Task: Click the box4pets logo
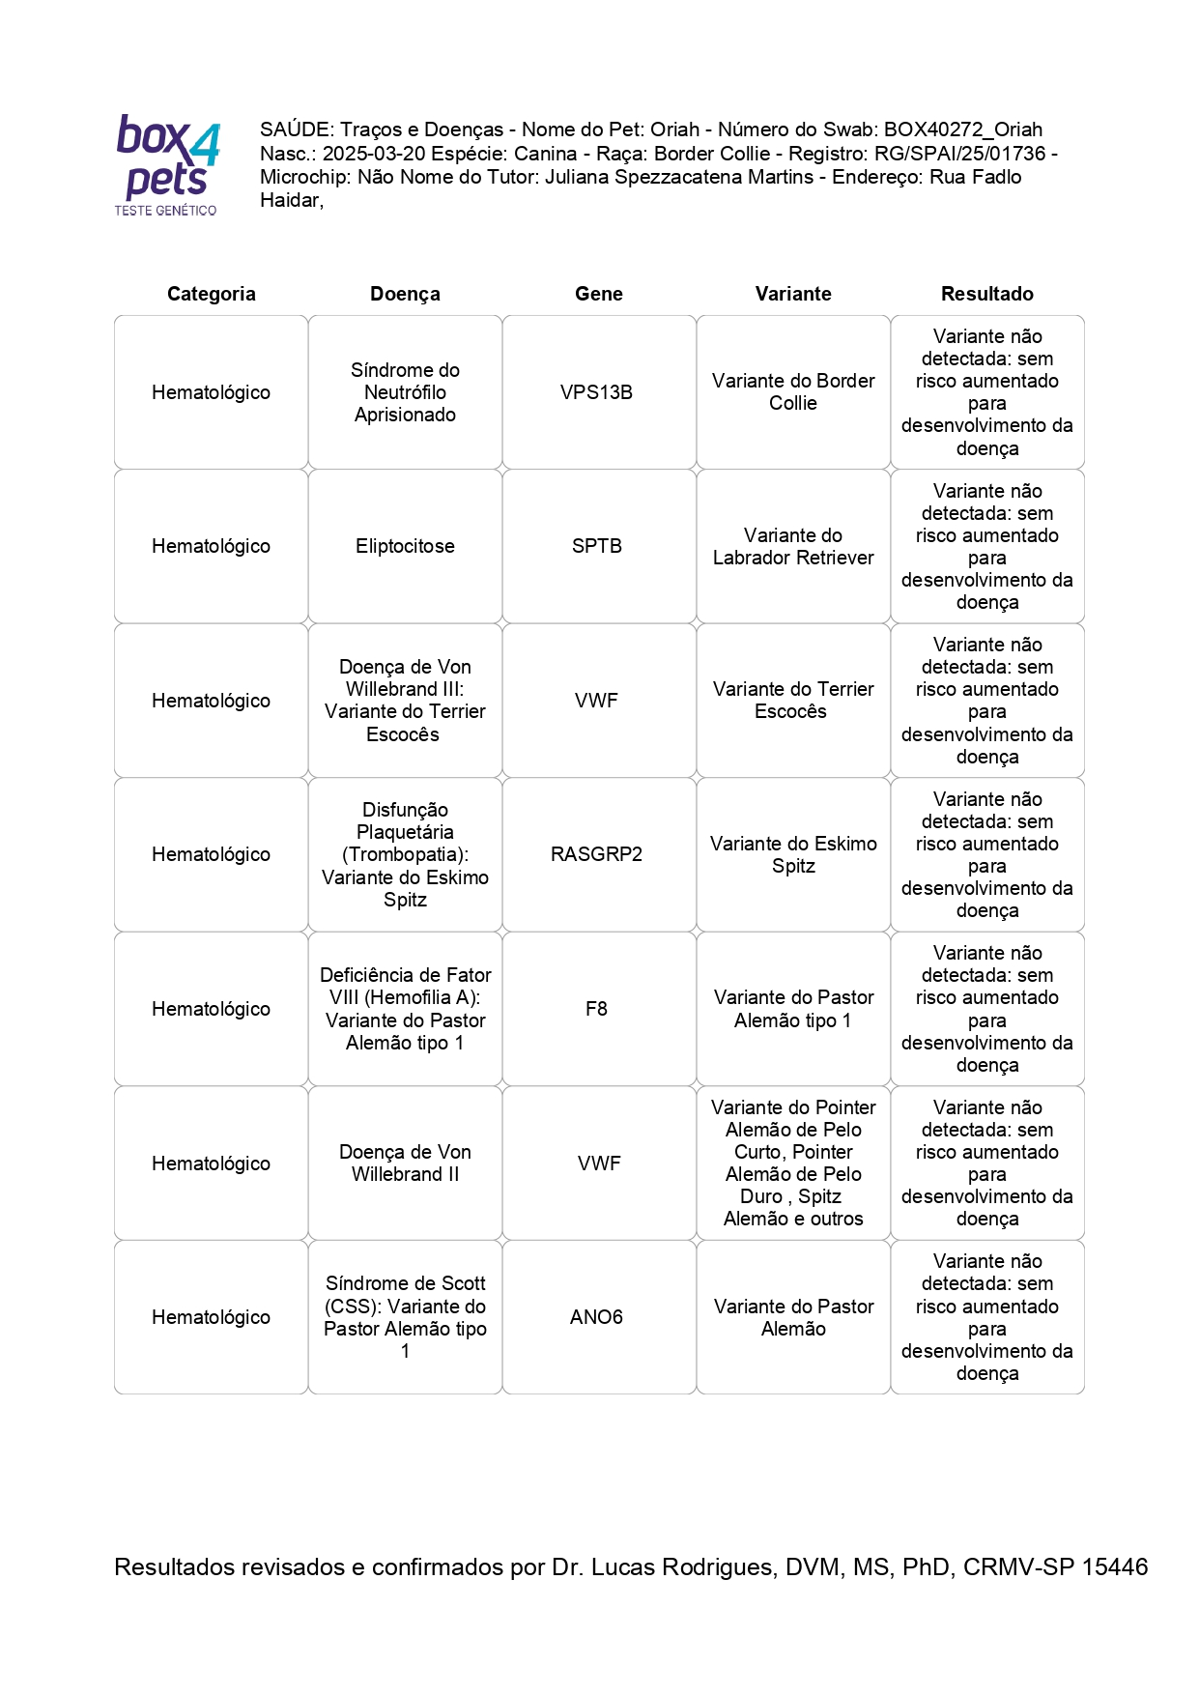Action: pos(167,164)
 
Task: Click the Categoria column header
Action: pos(211,294)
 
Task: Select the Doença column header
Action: pos(405,294)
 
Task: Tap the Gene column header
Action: pos(599,294)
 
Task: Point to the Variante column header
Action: pos(793,294)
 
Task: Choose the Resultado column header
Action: pos(987,294)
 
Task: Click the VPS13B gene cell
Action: pos(597,392)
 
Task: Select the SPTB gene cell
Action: pos(597,546)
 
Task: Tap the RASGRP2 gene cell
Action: pos(597,854)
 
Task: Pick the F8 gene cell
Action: pos(597,1009)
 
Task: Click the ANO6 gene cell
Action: pos(597,1317)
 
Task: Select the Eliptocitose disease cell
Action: pos(405,546)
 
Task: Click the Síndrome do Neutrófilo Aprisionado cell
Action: pos(405,392)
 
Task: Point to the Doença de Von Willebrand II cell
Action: pos(405,1164)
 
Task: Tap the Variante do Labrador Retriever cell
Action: pos(793,546)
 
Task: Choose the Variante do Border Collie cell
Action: pos(793,392)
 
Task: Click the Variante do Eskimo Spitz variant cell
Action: pos(793,854)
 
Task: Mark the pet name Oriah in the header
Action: pos(674,129)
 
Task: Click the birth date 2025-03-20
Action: pos(373,154)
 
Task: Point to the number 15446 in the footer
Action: pos(1114,1566)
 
